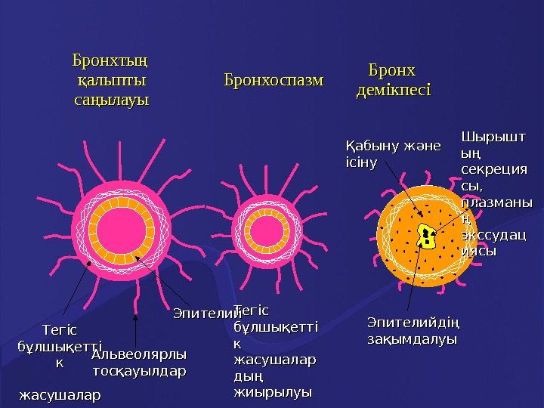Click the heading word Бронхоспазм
pos(273,79)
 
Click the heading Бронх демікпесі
pos(392,80)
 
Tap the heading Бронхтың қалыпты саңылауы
pos(110,79)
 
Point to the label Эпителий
pos(206,311)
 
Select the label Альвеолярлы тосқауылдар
pos(138,363)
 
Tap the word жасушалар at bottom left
pos(60,395)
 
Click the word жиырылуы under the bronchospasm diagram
pos(274,392)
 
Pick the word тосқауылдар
pos(138,371)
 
